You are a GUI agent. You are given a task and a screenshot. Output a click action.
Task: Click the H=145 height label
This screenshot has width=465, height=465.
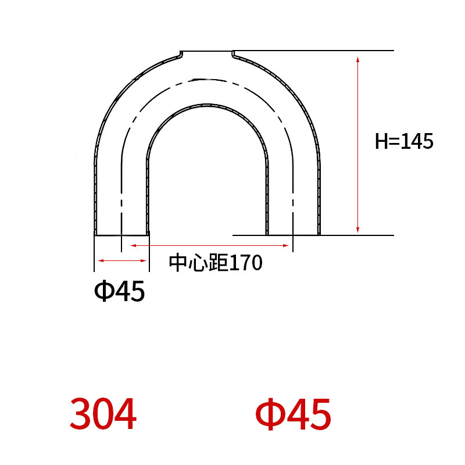tap(404, 141)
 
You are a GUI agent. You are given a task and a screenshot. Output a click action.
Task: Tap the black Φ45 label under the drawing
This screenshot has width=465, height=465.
tap(120, 291)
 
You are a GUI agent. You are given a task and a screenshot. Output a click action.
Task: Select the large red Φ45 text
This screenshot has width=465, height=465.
tap(293, 414)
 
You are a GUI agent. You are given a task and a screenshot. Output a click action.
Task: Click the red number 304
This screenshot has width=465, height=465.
tap(103, 414)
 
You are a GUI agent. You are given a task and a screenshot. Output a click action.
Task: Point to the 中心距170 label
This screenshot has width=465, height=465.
tap(216, 263)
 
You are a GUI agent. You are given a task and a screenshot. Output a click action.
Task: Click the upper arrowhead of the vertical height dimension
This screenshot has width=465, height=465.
tap(357, 59)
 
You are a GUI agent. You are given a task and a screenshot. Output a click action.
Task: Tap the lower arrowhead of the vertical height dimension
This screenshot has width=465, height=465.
tap(357, 230)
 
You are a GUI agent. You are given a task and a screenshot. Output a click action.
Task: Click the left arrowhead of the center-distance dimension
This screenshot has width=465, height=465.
tap(134, 245)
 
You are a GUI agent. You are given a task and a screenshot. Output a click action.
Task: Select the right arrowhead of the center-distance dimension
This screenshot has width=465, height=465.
tap(286, 245)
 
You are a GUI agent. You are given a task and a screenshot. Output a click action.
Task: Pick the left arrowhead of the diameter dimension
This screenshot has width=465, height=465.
tap(101, 260)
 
